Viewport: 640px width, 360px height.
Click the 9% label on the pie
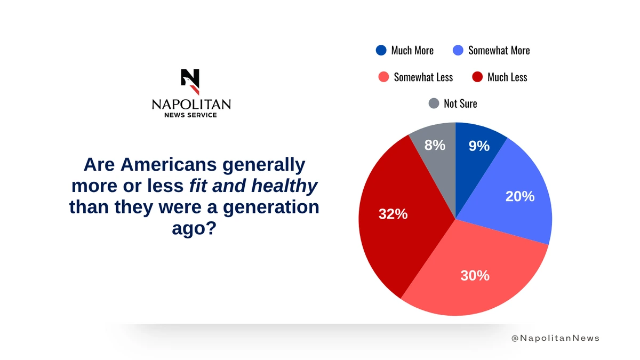pyautogui.click(x=479, y=146)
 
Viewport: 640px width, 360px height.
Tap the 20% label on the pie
pyautogui.click(x=519, y=196)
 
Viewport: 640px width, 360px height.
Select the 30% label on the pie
pyautogui.click(x=475, y=275)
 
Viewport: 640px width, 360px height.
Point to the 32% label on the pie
pyautogui.click(x=393, y=214)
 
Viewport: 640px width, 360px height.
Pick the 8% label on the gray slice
pyautogui.click(x=435, y=145)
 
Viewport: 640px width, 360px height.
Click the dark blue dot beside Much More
pyautogui.click(x=381, y=50)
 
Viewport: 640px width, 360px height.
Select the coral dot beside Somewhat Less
pyautogui.click(x=383, y=77)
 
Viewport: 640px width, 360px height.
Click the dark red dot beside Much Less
pyautogui.click(x=477, y=77)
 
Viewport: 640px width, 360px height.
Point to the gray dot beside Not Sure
pyautogui.click(x=434, y=103)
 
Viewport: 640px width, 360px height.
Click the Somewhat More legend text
pyautogui.click(x=499, y=50)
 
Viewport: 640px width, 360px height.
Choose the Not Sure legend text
pyautogui.click(x=460, y=103)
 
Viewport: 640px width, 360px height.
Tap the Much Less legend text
pyautogui.click(x=507, y=77)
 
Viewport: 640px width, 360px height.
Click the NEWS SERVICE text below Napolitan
pyautogui.click(x=191, y=115)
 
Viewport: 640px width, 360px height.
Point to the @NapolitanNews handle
pyautogui.click(x=555, y=338)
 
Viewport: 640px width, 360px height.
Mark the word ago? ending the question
pyautogui.click(x=194, y=228)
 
